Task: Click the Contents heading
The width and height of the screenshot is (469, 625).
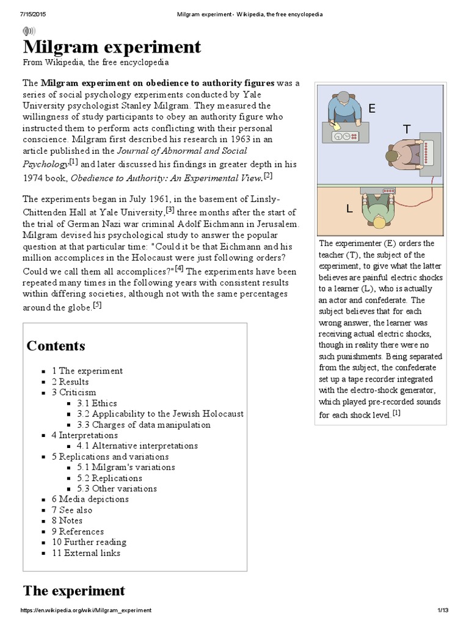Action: coord(56,346)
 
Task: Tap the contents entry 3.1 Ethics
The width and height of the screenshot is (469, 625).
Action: coord(96,403)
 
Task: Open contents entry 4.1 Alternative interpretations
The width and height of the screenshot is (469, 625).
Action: coord(137,446)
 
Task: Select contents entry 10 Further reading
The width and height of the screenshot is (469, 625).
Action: coord(89,542)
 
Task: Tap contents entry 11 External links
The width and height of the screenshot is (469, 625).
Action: coord(85,553)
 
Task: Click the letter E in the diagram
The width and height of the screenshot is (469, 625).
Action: coord(371,109)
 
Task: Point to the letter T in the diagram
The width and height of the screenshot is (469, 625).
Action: coord(407,129)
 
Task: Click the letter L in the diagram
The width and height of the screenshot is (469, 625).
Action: coord(349,209)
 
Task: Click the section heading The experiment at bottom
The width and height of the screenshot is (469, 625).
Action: coord(73,591)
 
